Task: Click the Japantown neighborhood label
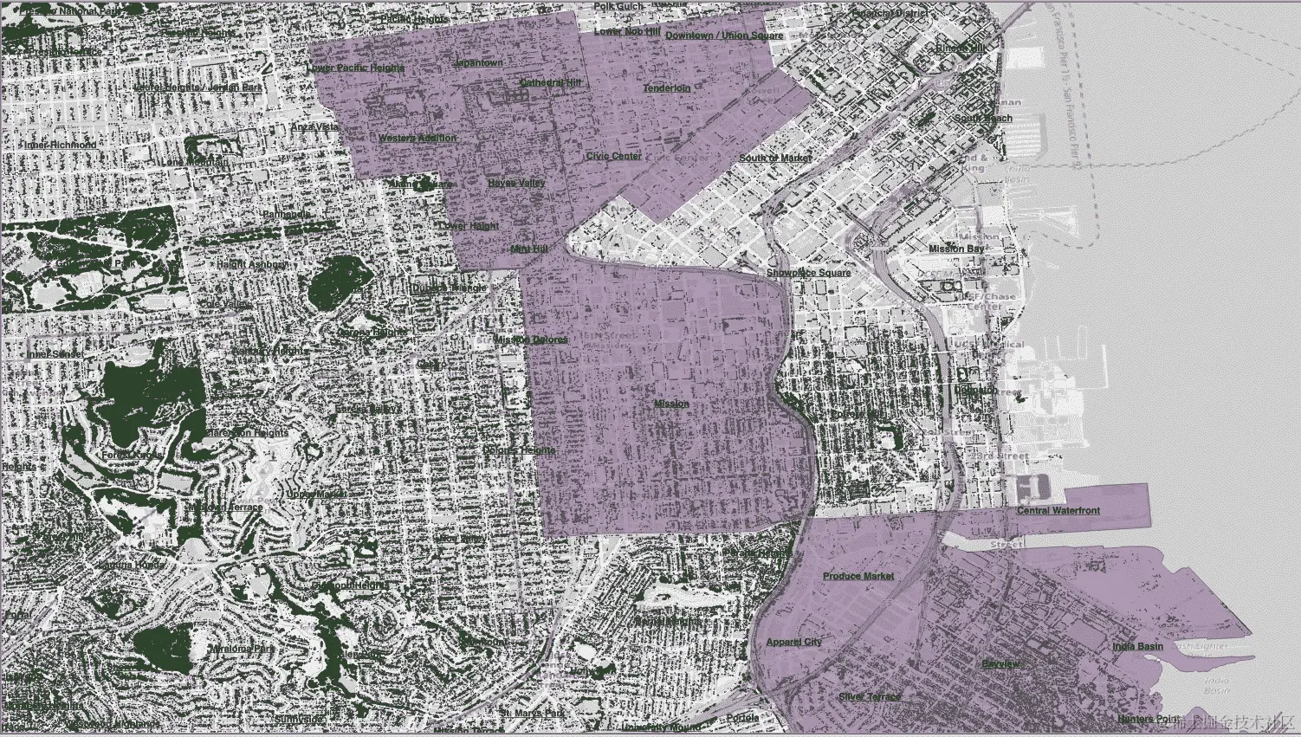tap(478, 63)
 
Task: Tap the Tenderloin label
tap(666, 88)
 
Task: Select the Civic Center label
tap(613, 157)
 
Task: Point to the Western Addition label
tap(417, 139)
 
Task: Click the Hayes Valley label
tap(516, 184)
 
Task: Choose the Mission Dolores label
tap(531, 339)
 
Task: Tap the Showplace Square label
tap(808, 274)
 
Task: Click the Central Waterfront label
tap(1058, 511)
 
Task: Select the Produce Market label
tap(858, 576)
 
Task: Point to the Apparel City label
tap(793, 643)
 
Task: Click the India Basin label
tap(1137, 647)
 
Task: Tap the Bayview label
tap(1000, 664)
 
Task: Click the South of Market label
tap(775, 158)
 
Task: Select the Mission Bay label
tap(956, 249)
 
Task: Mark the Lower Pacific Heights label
tap(355, 68)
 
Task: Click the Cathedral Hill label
tap(550, 83)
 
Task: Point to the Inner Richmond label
tap(61, 145)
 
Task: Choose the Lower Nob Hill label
tap(627, 32)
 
